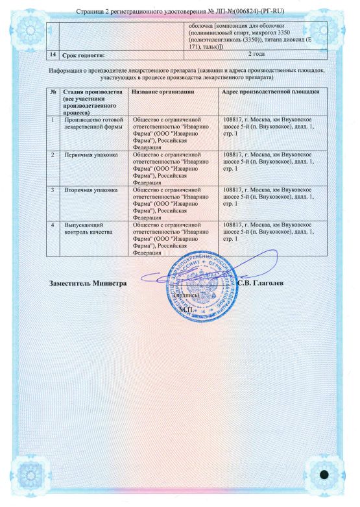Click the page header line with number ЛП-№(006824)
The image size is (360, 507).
point(180,11)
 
